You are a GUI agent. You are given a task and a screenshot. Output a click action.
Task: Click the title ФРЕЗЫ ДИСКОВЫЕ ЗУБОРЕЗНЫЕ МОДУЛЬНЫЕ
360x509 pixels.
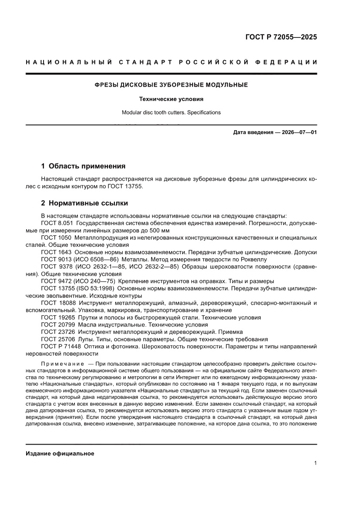coord(172,85)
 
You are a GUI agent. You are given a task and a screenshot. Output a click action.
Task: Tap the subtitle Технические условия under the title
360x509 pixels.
coord(171,99)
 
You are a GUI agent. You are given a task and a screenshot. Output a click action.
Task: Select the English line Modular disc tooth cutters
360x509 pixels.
coord(171,112)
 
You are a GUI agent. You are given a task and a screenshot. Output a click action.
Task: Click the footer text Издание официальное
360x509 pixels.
coord(60,454)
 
